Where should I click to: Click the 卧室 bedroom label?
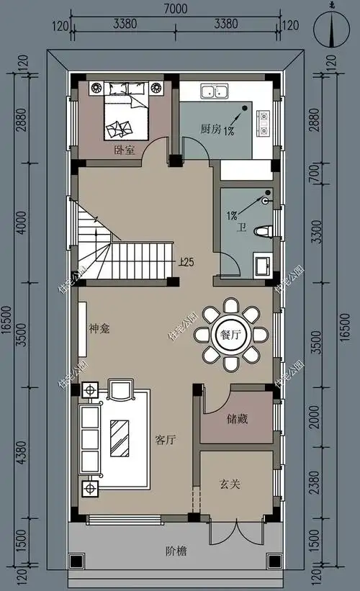coord(124,151)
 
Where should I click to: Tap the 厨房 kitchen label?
coord(210,130)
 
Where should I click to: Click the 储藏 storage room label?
coord(237,419)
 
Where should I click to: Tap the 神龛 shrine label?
coord(99,328)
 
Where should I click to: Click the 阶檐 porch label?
coord(176,551)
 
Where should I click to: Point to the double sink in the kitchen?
coord(215,91)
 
